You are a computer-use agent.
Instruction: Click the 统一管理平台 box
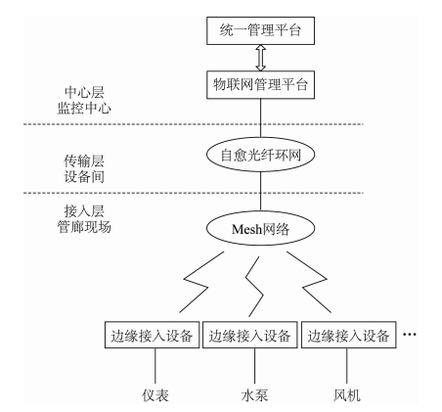pyautogui.click(x=258, y=32)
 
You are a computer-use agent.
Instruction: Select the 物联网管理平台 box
pyautogui.click(x=258, y=84)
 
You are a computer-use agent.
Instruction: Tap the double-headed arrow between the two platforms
pyautogui.click(x=258, y=58)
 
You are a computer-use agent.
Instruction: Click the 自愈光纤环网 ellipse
pyautogui.click(x=258, y=153)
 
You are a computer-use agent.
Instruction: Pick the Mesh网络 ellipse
pyautogui.click(x=258, y=230)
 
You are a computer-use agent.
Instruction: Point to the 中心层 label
pyautogui.click(x=82, y=93)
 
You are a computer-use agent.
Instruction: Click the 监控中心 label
pyautogui.click(x=82, y=111)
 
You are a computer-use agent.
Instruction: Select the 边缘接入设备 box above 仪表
pyautogui.click(x=153, y=336)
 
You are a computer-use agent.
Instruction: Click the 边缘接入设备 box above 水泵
pyautogui.click(x=249, y=336)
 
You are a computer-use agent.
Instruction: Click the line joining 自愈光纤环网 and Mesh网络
pyautogui.click(x=258, y=191)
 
